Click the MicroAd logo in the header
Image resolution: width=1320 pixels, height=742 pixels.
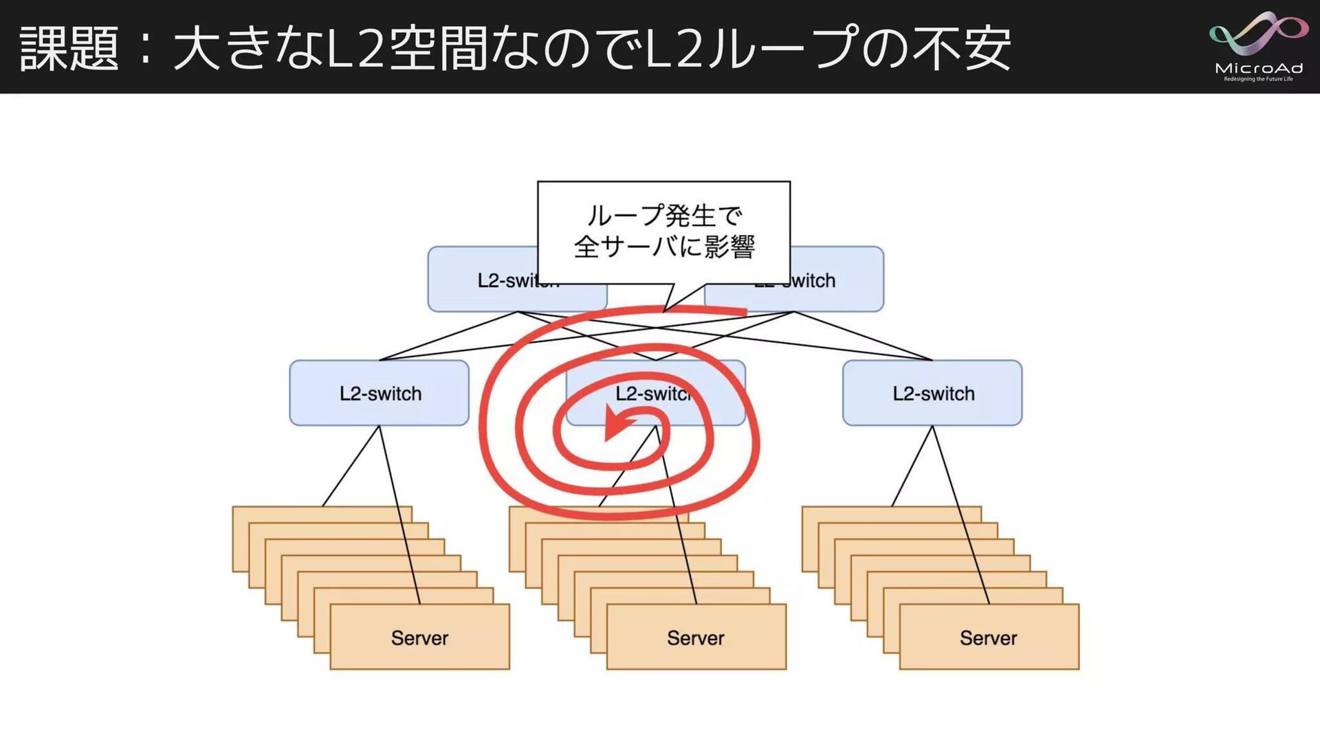click(1258, 45)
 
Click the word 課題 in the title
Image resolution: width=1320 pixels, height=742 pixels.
click(69, 48)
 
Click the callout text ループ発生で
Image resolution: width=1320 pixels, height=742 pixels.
click(664, 216)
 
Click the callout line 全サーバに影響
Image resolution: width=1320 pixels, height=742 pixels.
click(664, 246)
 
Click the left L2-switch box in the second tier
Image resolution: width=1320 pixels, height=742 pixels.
click(379, 393)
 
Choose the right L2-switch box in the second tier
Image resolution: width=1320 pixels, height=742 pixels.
click(932, 393)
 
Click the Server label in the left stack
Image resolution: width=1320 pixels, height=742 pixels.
click(419, 638)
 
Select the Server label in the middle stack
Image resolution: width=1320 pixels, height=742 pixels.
click(696, 638)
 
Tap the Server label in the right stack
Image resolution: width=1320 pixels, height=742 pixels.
click(989, 638)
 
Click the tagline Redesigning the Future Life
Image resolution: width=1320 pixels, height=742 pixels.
click(1258, 79)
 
